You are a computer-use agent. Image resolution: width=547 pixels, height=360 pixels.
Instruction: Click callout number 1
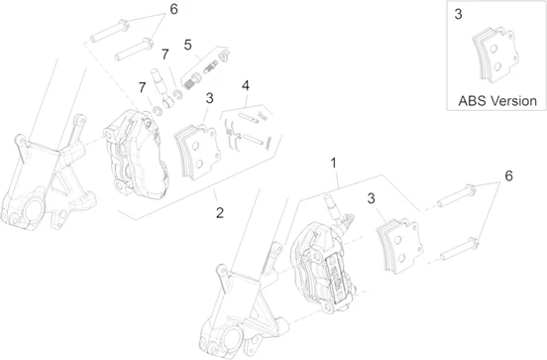pyautogui.click(x=334, y=163)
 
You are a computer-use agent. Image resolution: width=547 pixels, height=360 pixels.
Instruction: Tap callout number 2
pyautogui.click(x=219, y=212)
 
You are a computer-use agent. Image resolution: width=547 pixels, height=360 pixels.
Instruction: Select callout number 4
pyautogui.click(x=246, y=85)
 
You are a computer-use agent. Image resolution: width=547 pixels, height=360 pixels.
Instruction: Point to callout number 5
pyautogui.click(x=187, y=45)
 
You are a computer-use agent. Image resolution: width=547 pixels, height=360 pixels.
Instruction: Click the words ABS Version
pyautogui.click(x=497, y=101)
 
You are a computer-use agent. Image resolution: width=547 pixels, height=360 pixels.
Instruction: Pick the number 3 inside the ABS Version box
pyautogui.click(x=458, y=14)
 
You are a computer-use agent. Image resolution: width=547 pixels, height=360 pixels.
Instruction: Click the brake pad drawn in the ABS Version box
pyautogui.click(x=493, y=55)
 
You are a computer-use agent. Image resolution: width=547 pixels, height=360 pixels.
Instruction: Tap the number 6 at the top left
pyautogui.click(x=173, y=10)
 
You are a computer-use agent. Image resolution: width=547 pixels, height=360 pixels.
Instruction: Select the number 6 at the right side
pyautogui.click(x=509, y=176)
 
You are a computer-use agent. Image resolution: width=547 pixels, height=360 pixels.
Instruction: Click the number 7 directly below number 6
pyautogui.click(x=165, y=55)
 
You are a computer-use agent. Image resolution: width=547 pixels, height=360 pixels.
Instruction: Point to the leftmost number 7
pyautogui.click(x=142, y=87)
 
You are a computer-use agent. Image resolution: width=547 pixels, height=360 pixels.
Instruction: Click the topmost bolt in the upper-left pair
pyautogui.click(x=110, y=31)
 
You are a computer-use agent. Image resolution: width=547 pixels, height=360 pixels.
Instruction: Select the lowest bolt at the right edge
pyautogui.click(x=459, y=249)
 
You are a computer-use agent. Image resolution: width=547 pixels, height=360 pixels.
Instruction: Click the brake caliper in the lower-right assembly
pyautogui.click(x=323, y=265)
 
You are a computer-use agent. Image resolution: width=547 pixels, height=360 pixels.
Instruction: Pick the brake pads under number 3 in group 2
pyautogui.click(x=198, y=152)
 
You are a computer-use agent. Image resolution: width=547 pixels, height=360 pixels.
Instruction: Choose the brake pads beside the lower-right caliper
pyautogui.click(x=399, y=246)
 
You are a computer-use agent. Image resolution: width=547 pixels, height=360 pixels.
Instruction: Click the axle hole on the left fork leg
pyautogui.click(x=33, y=211)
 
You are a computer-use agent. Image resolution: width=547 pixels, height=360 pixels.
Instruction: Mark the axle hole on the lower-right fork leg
pyautogui.click(x=232, y=337)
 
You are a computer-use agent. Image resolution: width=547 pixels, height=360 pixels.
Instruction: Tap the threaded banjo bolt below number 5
pyautogui.click(x=191, y=82)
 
